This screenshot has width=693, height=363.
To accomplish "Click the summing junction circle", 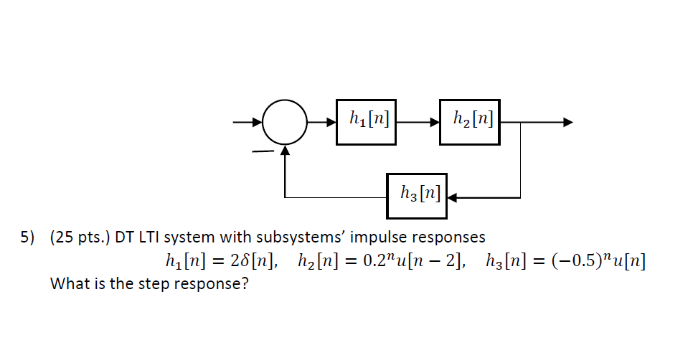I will (285, 123).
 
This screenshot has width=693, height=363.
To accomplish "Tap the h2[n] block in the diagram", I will (470, 123).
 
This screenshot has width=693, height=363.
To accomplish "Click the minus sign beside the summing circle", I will (264, 151).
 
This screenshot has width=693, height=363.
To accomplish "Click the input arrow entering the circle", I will (247, 123).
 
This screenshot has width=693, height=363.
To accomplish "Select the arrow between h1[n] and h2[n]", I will (420, 123).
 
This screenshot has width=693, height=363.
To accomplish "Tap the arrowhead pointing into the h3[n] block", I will (453, 196).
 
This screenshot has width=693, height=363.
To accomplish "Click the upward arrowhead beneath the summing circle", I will (286, 150).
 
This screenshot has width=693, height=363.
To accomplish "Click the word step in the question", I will (147, 283).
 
